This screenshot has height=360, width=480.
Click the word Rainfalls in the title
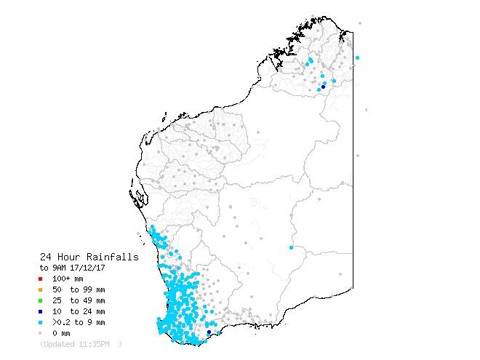click(x=113, y=257)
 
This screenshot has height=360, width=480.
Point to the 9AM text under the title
click(x=60, y=268)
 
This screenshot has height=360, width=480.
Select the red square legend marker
click(x=41, y=279)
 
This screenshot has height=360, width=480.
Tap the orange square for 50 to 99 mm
click(x=41, y=289)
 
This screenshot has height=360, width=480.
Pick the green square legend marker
click(x=41, y=300)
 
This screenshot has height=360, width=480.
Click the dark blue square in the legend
click(x=41, y=311)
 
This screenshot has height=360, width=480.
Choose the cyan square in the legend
click(x=41, y=322)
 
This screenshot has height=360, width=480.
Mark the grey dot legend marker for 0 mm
click(x=41, y=333)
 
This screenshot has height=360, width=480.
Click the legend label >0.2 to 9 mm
click(x=79, y=322)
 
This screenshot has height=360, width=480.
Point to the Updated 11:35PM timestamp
click(x=80, y=343)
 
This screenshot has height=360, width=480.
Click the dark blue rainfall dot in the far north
click(x=323, y=86)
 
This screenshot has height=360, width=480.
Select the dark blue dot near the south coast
click(x=209, y=332)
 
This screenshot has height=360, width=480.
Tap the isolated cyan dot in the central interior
click(x=291, y=248)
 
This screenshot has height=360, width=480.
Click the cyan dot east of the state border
click(x=357, y=57)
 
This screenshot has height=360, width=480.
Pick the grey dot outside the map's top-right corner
click(x=360, y=23)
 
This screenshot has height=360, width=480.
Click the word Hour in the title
click(x=72, y=257)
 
